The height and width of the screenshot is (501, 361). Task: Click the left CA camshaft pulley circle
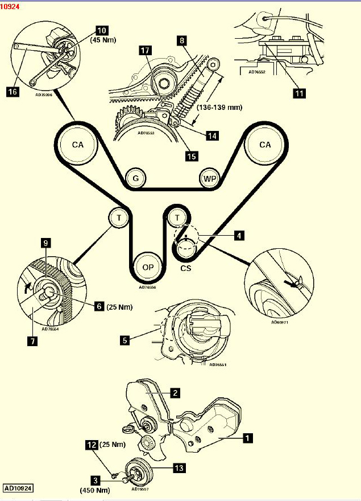[x=78, y=145]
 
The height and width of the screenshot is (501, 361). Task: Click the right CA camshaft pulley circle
[x=265, y=145]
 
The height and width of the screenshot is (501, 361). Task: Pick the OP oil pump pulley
[x=147, y=268]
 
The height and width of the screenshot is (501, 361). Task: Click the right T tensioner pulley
[x=177, y=217]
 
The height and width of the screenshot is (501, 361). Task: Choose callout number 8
[x=181, y=41]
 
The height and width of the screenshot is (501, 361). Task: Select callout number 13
[x=179, y=468]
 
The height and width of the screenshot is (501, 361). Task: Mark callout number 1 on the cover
[x=247, y=438]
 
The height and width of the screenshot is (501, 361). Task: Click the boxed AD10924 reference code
[x=18, y=488]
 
